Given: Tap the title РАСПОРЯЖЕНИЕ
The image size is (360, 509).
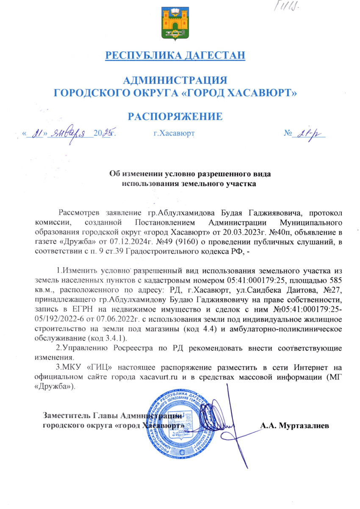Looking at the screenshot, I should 175,116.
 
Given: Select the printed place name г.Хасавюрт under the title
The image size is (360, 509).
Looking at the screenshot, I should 173,134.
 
